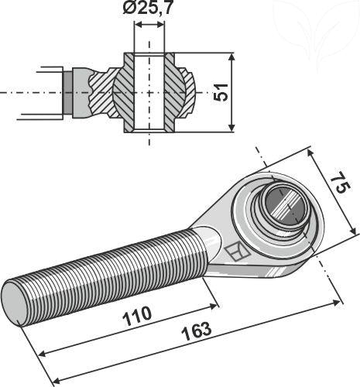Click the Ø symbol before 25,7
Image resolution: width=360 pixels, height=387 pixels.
(129, 11)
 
